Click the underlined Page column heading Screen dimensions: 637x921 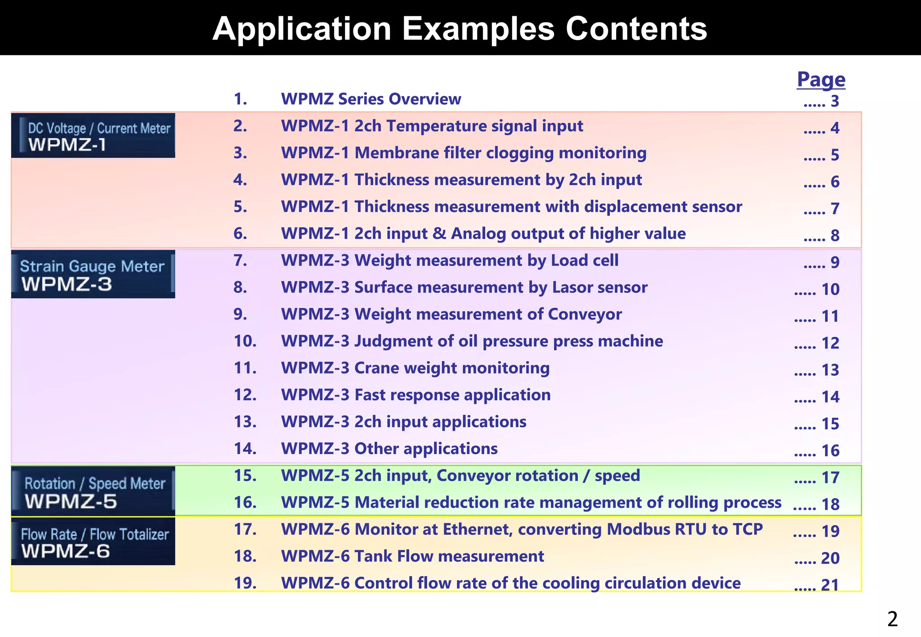(821, 79)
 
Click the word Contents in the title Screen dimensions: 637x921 (636, 29)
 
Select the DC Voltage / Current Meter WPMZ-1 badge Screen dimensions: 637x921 (93, 135)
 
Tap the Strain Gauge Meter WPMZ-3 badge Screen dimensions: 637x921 (93, 274)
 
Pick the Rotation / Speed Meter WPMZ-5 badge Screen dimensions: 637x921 (93, 491)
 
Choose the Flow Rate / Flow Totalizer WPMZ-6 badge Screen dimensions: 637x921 (93, 541)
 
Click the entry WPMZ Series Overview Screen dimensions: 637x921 (371, 99)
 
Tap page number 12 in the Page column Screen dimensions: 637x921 (830, 343)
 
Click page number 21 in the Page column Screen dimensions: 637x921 (830, 585)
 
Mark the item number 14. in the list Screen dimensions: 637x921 (245, 448)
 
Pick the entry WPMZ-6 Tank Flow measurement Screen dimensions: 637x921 (412, 556)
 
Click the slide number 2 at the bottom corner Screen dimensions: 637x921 (892, 619)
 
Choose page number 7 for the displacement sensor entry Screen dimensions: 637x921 (835, 209)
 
